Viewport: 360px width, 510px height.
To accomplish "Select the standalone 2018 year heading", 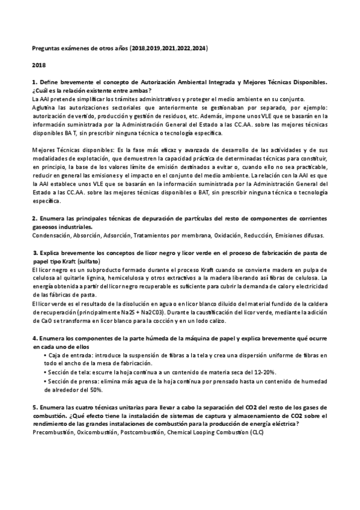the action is click(x=39, y=64).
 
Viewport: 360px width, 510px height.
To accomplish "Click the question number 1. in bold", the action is click(x=35, y=81).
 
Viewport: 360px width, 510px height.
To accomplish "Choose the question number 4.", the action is click(x=35, y=339).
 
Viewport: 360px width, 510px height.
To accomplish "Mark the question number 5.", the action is click(x=35, y=407).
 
